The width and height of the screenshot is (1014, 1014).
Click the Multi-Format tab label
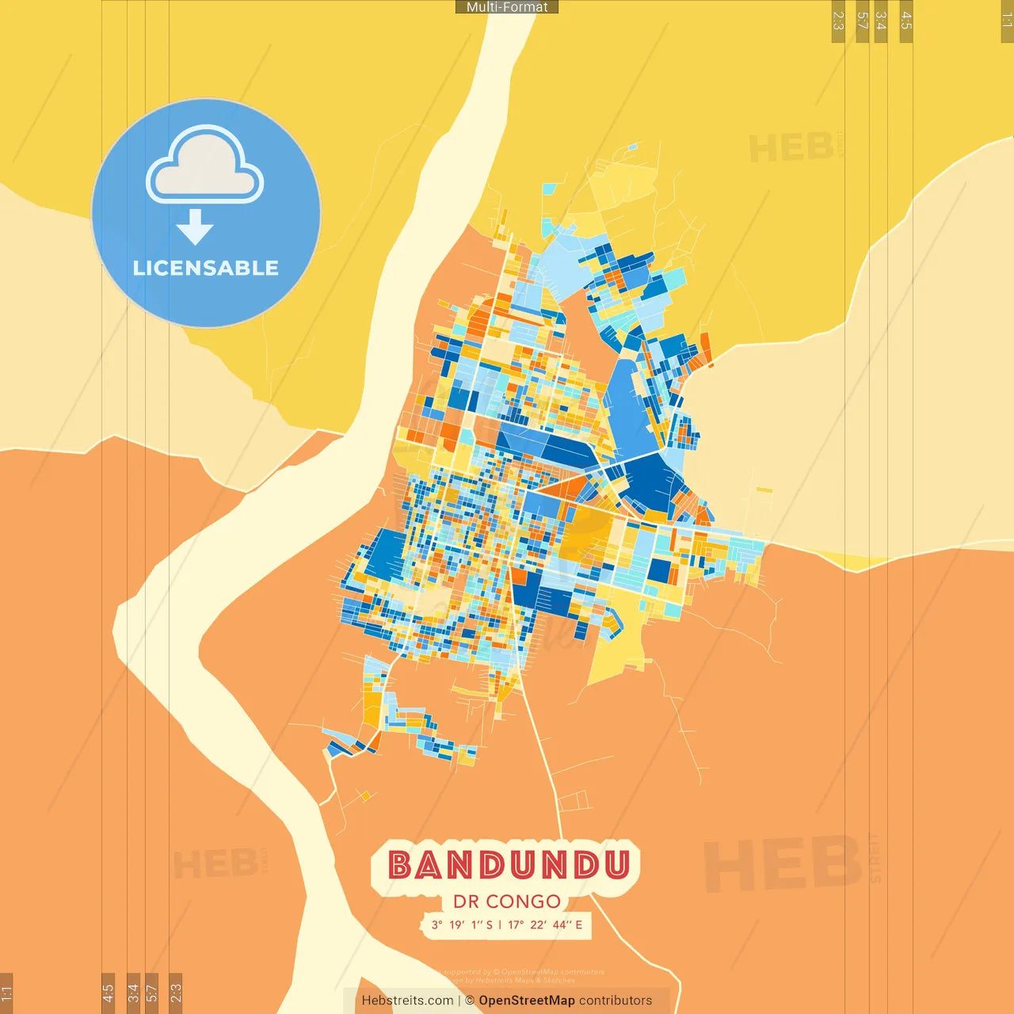507,7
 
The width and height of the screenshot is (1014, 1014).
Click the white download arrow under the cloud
195,227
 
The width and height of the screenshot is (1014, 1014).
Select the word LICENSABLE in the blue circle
205,268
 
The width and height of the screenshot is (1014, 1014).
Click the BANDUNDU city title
508,865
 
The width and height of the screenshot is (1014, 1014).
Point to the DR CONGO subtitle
507,902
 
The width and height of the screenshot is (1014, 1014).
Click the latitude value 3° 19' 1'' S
462,924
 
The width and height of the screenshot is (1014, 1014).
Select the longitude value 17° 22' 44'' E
545,924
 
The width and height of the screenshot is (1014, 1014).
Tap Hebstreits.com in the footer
407,1001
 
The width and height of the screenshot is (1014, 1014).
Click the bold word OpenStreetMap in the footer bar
526,1001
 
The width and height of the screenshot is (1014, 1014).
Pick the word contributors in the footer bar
616,1001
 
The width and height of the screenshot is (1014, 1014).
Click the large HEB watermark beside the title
783,863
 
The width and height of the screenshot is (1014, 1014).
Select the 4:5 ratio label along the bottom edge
109,993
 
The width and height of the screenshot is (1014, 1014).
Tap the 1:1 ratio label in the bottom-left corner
6,993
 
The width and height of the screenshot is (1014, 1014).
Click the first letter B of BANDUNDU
400,865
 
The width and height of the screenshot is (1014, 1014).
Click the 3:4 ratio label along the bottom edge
133,993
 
